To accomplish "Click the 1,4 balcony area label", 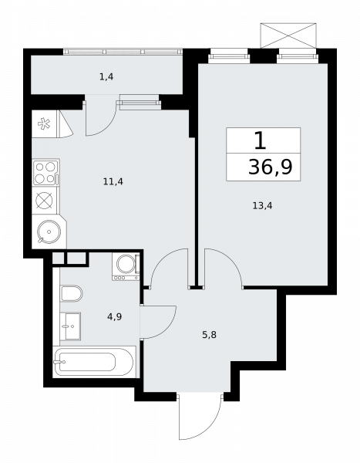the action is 106,77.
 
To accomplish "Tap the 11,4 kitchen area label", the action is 113,181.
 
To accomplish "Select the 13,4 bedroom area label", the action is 262,205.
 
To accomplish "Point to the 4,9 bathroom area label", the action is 115,317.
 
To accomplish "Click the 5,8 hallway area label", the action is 209,335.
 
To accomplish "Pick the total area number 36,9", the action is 271,167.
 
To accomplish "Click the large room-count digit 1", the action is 261,140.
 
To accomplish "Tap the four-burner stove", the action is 45,173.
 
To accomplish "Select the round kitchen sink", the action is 49,231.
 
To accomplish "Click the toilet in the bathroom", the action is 72,293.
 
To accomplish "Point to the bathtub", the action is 94,362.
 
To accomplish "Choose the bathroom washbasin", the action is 70,326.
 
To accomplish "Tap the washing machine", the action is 126,267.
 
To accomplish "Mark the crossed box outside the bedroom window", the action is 288,35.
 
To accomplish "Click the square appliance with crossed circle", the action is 44,201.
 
